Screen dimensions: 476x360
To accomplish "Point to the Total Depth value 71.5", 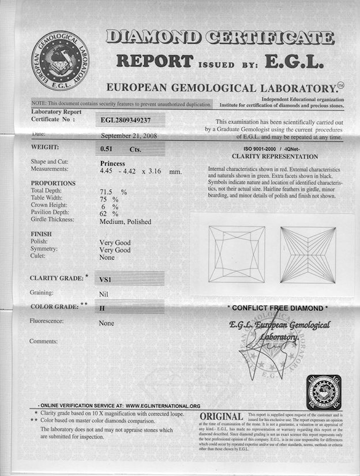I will (107, 190).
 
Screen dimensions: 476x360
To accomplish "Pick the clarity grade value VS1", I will (106, 279).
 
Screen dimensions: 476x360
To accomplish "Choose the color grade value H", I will (103, 308).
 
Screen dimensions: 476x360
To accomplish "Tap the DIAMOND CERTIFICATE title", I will (220, 38).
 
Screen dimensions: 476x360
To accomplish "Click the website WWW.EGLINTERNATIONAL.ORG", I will (163, 406).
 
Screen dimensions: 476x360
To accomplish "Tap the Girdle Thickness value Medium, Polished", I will (126, 221).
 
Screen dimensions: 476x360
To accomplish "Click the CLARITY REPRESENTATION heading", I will (275, 156).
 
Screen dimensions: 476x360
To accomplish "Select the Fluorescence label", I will (47, 321).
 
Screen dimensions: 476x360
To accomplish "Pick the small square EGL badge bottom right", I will (324, 392).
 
